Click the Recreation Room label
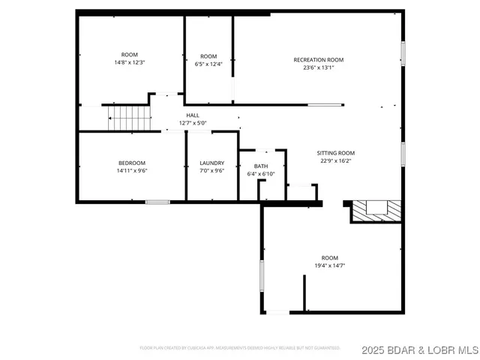(319, 60)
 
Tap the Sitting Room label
(335, 152)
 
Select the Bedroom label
(131, 163)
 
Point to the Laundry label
(212, 163)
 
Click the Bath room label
(261, 166)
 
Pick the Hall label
(193, 115)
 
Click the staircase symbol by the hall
(129, 117)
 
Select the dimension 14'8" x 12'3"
(129, 63)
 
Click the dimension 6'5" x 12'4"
(208, 64)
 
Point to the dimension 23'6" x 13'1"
(319, 67)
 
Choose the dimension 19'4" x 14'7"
(329, 265)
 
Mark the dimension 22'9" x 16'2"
(335, 160)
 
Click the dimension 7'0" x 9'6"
(212, 170)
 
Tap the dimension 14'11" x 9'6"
(131, 170)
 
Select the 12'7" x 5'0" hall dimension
(193, 123)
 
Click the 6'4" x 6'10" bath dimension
(261, 173)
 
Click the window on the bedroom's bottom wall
(157, 202)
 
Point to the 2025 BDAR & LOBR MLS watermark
(418, 349)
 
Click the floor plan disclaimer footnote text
(240, 348)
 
